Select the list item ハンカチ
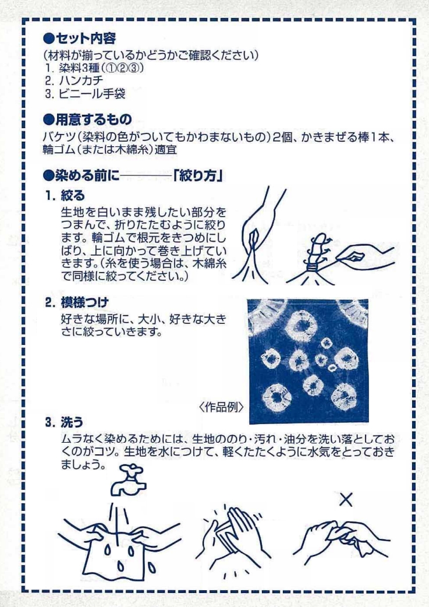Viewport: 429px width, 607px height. [81, 80]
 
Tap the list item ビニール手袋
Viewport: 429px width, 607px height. [92, 94]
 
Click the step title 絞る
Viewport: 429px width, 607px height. [72, 196]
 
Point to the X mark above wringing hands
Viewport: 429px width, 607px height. [345, 499]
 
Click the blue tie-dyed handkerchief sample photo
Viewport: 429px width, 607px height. [308, 361]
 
